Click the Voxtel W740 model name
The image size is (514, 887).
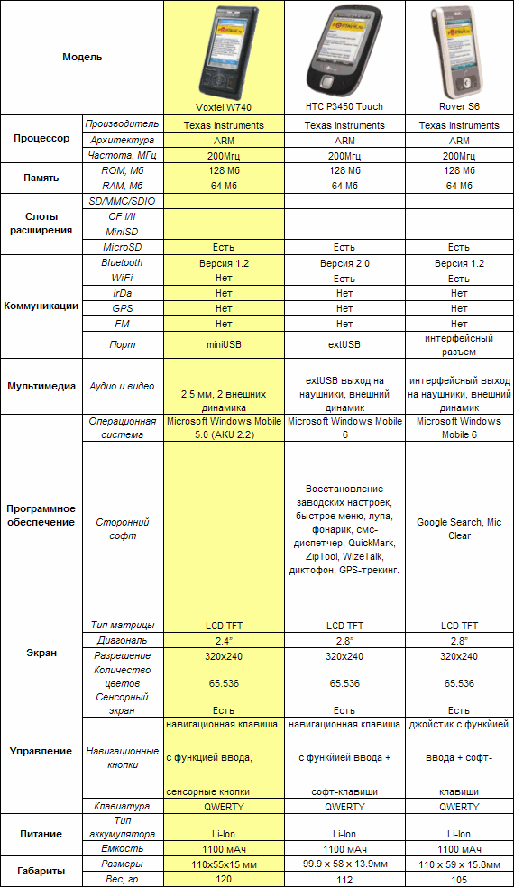[224, 107]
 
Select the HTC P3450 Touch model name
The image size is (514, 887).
[344, 107]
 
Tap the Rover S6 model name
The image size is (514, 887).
[458, 107]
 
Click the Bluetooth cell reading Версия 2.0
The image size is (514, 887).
[344, 263]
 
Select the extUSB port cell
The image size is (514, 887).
[344, 344]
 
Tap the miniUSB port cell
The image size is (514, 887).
[224, 344]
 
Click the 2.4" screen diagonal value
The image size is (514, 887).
[224, 640]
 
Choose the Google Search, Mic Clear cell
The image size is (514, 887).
[458, 529]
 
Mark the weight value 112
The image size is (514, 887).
[344, 879]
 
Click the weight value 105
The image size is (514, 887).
[458, 879]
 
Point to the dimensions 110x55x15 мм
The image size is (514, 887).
[224, 864]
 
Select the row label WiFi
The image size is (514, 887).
[122, 279]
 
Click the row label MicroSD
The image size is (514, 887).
[122, 246]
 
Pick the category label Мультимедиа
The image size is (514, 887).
[41, 386]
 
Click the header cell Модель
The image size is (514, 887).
[82, 57]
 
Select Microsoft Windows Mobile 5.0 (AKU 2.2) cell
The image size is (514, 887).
[224, 427]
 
